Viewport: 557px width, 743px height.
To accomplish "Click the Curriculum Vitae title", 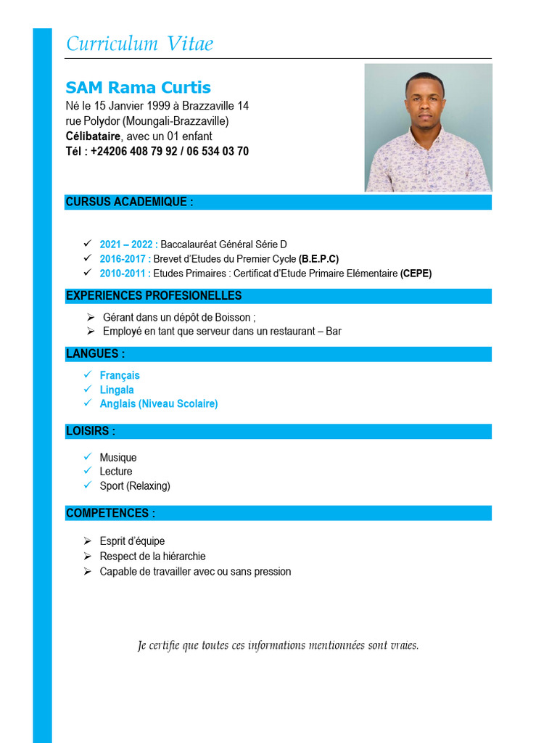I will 140,44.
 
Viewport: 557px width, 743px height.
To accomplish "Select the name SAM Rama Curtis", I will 138,88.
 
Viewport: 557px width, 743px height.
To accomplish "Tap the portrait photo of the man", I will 428,128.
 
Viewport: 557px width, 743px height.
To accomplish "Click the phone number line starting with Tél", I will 157,152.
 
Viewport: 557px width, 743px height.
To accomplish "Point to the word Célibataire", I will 93,136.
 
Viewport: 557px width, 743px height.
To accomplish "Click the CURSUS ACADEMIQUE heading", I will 129,202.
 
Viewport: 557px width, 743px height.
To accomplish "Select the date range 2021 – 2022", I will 128,245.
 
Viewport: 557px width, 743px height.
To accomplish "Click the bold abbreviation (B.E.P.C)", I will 318,259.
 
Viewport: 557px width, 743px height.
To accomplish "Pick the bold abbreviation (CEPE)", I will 416,274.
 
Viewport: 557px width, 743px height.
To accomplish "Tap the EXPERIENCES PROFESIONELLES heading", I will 154,296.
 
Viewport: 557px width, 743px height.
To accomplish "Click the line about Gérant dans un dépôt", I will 179,317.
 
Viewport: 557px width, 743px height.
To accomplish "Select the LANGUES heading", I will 95,354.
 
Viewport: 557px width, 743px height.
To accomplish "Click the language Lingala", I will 117,390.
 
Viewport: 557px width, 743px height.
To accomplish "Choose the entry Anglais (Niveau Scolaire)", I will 159,403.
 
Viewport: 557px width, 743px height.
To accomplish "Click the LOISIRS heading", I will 91,431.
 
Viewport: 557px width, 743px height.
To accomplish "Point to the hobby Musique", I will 118,458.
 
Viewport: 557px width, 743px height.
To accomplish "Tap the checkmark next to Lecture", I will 87,471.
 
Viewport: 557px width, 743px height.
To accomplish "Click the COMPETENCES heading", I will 110,513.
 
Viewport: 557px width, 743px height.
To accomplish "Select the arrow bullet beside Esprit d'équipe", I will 87,541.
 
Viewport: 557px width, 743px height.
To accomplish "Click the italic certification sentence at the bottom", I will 278,645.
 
